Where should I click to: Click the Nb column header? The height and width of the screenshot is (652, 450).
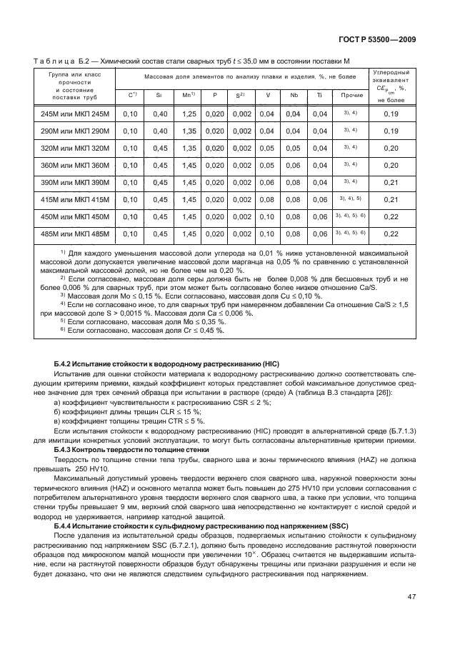[x=292, y=95]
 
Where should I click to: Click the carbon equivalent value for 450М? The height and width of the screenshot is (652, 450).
[x=391, y=216]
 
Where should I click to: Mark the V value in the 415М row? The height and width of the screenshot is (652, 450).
[x=266, y=199]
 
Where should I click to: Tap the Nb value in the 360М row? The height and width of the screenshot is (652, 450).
[x=292, y=165]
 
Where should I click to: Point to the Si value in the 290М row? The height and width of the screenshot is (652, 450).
[x=160, y=131]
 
